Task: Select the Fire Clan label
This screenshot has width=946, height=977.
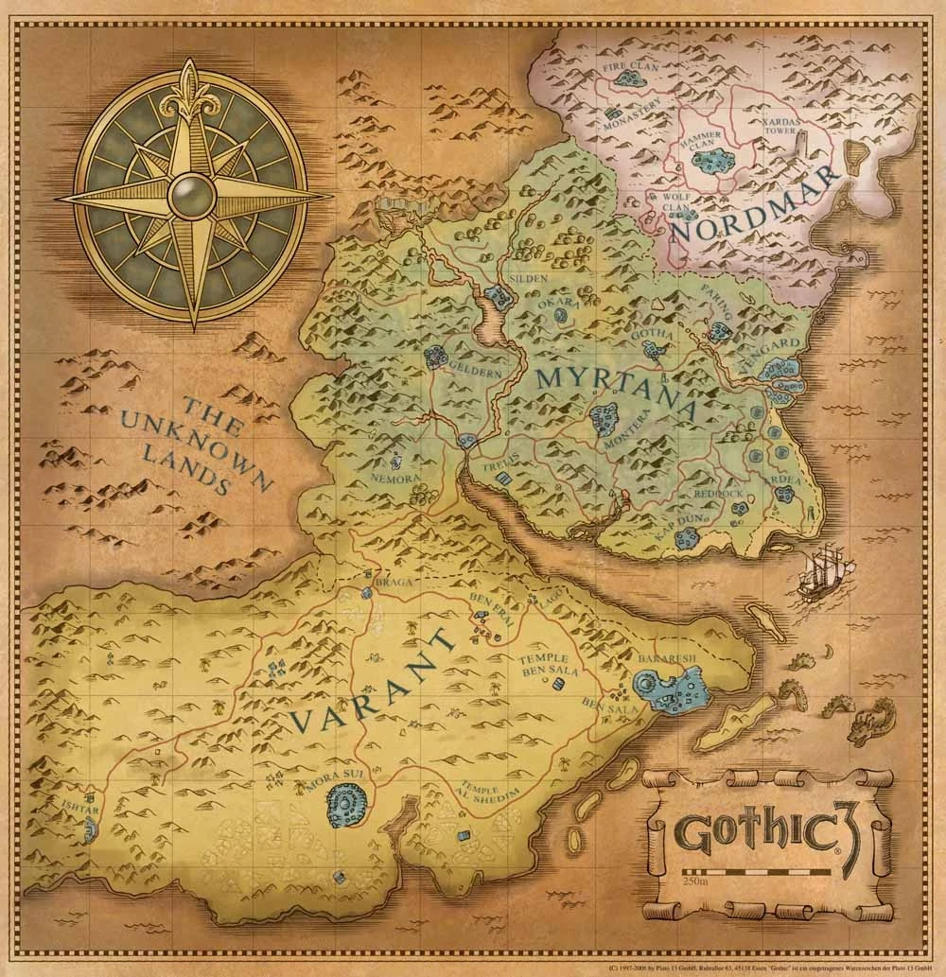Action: pyautogui.click(x=627, y=68)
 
